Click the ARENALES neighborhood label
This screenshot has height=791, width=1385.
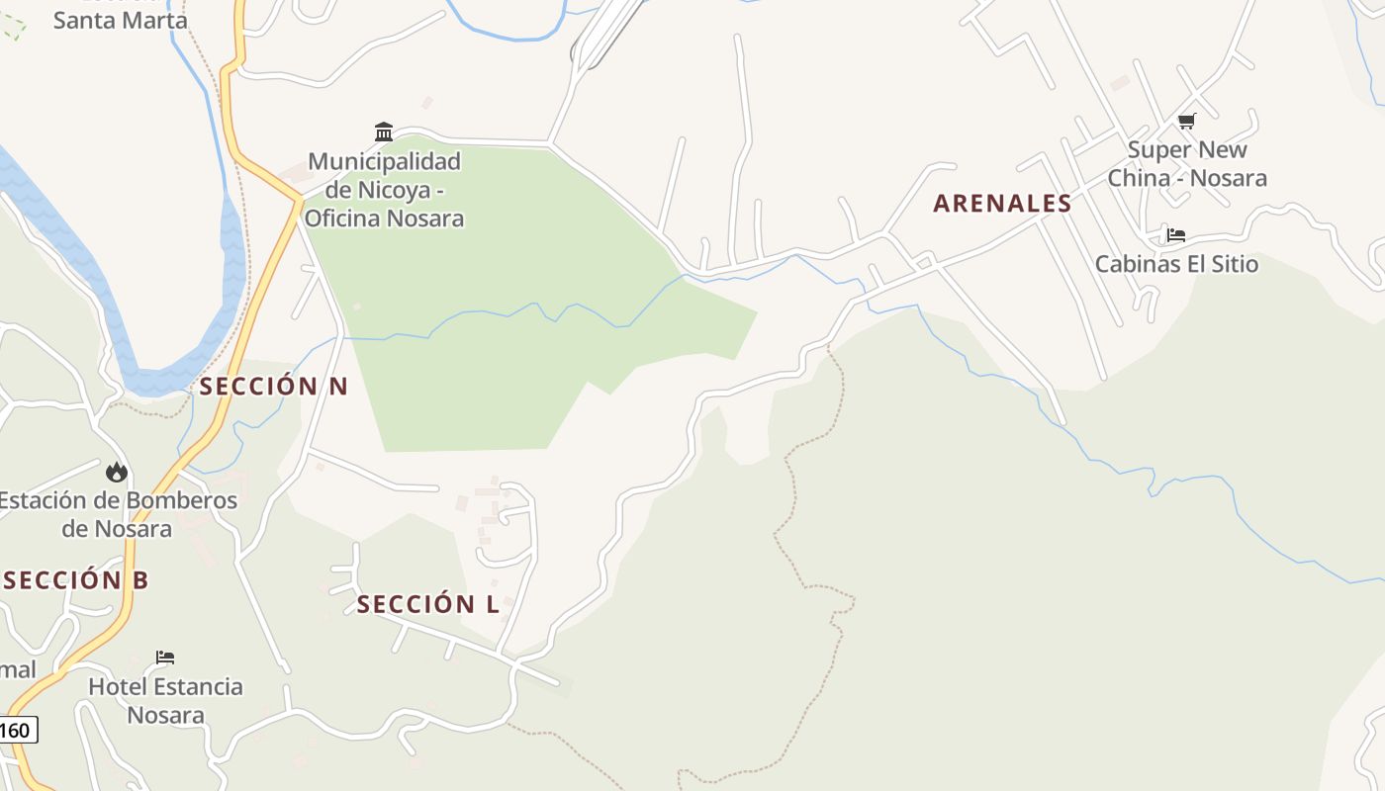click(1002, 204)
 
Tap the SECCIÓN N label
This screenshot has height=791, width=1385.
click(274, 387)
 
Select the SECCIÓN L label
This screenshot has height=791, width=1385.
click(427, 604)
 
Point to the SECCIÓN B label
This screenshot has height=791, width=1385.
click(75, 580)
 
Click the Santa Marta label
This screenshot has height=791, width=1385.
click(120, 20)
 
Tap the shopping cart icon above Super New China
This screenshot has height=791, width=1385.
click(1186, 121)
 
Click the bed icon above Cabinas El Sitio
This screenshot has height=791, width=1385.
click(1175, 235)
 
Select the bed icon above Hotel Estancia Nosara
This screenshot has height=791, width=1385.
click(165, 658)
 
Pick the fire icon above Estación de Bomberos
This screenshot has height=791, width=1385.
click(117, 472)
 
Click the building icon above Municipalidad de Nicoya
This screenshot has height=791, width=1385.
click(383, 132)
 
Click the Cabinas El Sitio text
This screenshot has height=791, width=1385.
click(1176, 264)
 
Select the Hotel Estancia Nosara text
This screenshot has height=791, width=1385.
click(165, 700)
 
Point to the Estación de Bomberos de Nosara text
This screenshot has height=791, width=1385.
click(118, 514)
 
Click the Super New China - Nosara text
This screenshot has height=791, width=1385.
click(1187, 164)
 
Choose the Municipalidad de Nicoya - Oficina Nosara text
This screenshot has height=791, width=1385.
click(384, 189)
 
